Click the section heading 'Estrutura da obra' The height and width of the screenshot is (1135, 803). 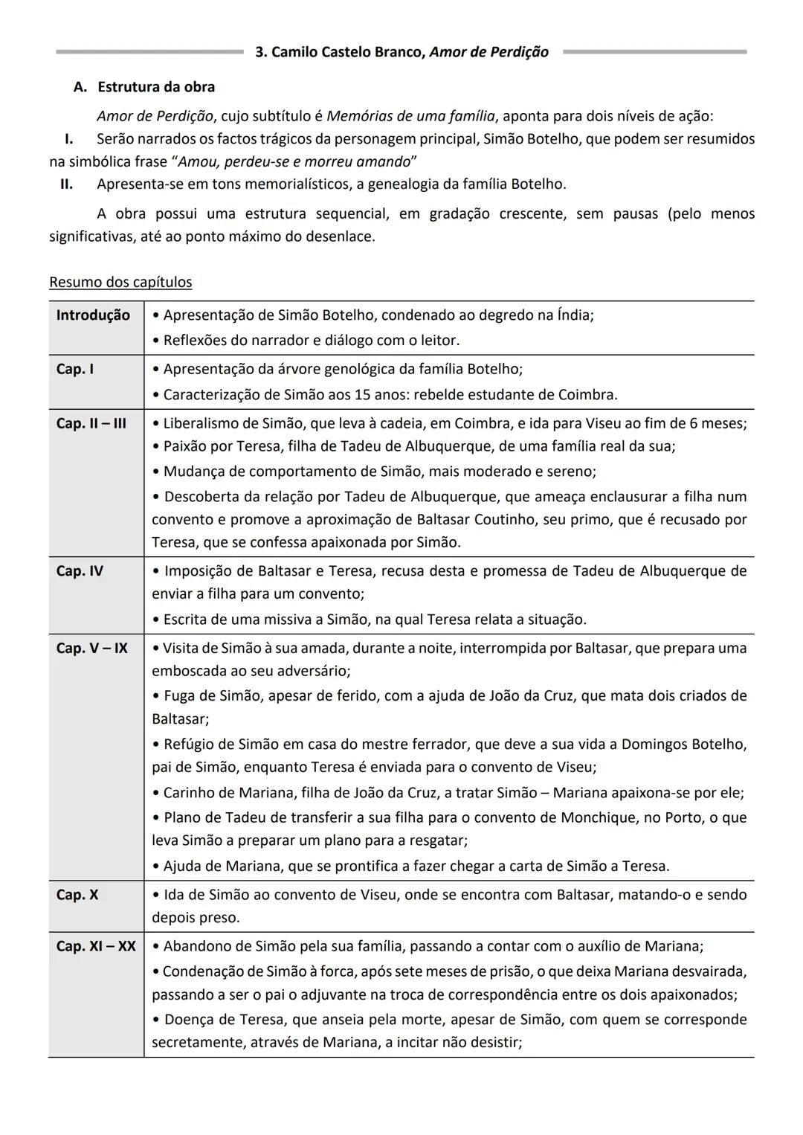click(x=156, y=87)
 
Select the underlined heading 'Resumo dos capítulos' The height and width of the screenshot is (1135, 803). click(x=120, y=282)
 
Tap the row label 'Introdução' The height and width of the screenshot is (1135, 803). click(x=93, y=315)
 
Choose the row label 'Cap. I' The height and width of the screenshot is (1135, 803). click(x=75, y=370)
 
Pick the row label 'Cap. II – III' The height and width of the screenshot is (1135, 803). click(x=91, y=424)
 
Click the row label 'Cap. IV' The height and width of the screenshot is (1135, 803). click(x=80, y=571)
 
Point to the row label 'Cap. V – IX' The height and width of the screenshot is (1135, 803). click(x=92, y=649)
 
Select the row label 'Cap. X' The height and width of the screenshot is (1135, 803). click(x=77, y=895)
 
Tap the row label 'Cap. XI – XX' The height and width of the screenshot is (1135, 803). click(x=96, y=946)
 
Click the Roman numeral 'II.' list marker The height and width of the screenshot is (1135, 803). click(x=66, y=184)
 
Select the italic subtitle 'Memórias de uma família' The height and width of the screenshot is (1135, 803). click(x=410, y=116)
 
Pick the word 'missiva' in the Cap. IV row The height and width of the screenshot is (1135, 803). click(x=285, y=620)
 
